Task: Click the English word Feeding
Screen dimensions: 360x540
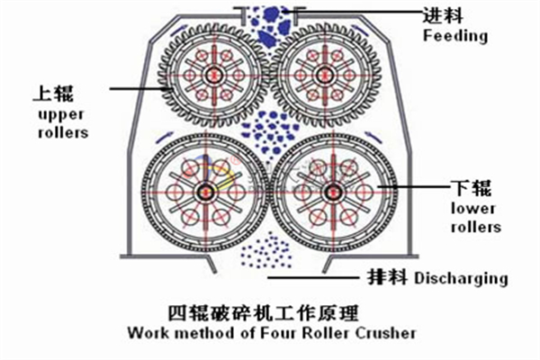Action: [x=455, y=36]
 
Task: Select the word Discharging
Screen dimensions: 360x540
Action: [x=461, y=278]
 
